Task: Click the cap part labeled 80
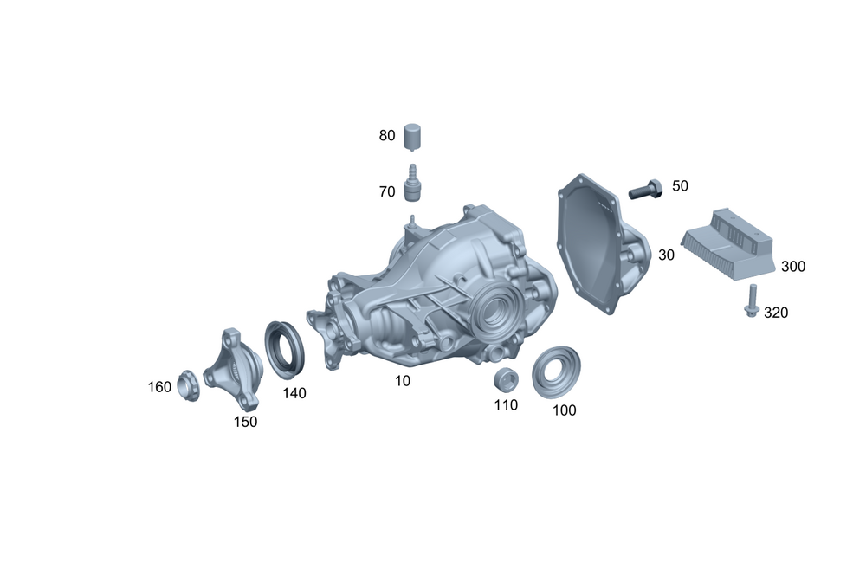[412, 137]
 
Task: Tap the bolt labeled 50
[646, 189]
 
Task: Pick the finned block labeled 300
[727, 244]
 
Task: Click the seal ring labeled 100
[556, 371]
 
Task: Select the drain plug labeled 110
[506, 378]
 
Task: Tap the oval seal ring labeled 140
[284, 350]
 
